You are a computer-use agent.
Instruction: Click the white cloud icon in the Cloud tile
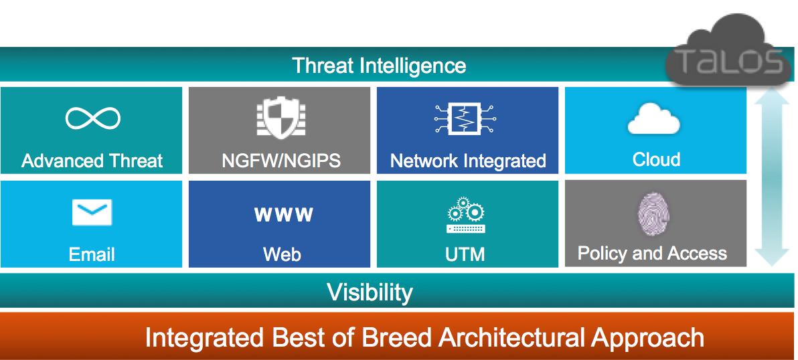(x=654, y=120)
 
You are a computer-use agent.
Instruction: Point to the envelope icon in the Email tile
(x=92, y=213)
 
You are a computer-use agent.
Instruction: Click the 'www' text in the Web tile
(x=283, y=214)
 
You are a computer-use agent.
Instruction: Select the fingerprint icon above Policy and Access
(x=653, y=214)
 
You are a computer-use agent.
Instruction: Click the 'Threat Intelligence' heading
(x=379, y=66)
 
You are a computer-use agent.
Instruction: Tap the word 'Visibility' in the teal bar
(x=370, y=292)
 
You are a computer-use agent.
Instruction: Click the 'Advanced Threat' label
(x=92, y=161)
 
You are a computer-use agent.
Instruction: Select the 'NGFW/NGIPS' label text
(x=281, y=161)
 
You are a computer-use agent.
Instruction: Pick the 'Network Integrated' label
(x=468, y=161)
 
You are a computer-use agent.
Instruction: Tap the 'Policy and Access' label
(x=653, y=253)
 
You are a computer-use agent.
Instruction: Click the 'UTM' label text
(x=465, y=254)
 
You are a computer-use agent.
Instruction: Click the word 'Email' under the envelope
(x=92, y=254)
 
